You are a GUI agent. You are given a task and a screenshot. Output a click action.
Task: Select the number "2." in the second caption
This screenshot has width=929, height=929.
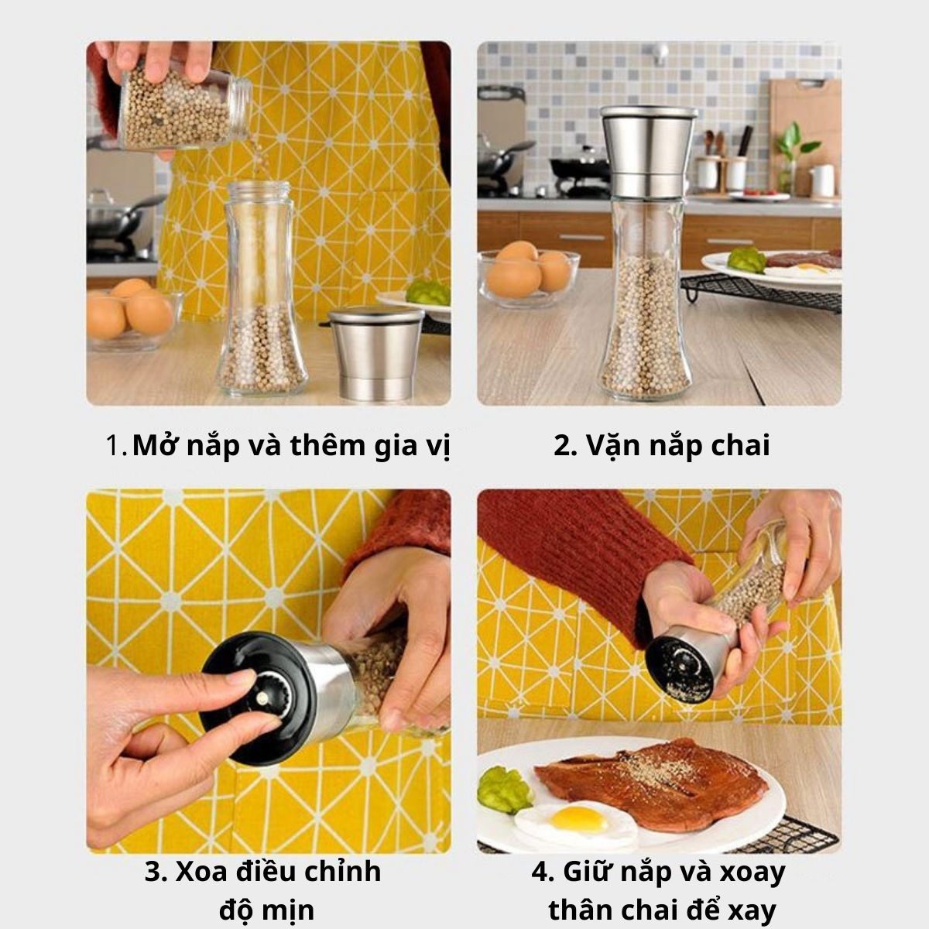point(565,445)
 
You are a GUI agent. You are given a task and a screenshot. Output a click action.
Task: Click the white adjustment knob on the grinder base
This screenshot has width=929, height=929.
point(262,698)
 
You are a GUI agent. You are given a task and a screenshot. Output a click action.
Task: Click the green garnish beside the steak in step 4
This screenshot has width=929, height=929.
point(505,790)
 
